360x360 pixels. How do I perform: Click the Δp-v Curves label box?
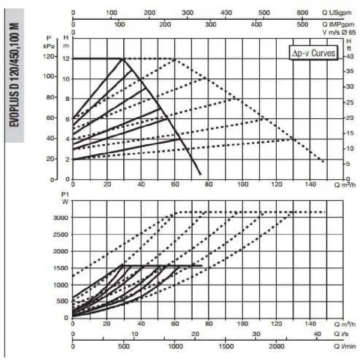click(313, 53)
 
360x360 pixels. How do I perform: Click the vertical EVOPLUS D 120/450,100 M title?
click(14, 75)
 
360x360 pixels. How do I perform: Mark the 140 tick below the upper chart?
click(311, 184)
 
